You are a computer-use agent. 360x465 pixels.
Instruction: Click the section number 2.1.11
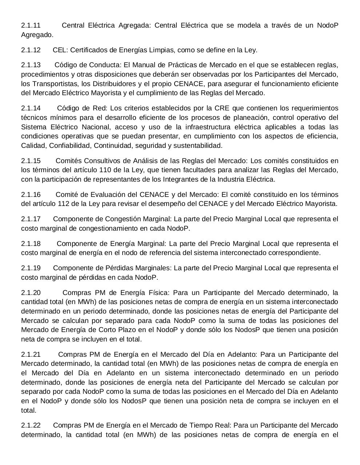point(31,25)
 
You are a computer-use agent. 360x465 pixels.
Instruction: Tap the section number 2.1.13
point(31,65)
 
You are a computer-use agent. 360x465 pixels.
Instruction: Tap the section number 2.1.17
point(31,219)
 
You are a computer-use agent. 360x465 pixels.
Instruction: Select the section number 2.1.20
point(31,293)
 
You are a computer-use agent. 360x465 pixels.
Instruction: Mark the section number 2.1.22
point(31,425)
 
